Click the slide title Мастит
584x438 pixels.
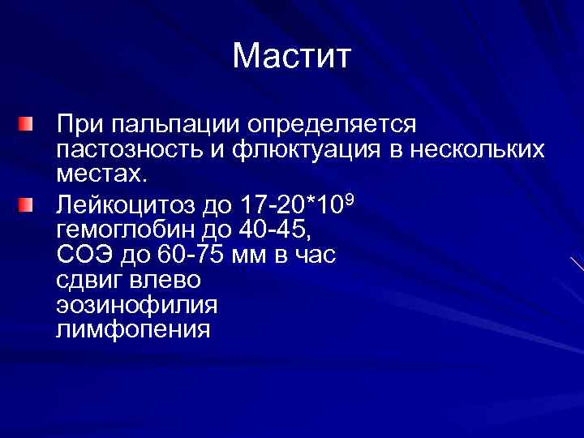tap(291, 57)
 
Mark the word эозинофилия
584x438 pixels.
tap(137, 305)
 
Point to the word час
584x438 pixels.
tap(313, 254)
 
